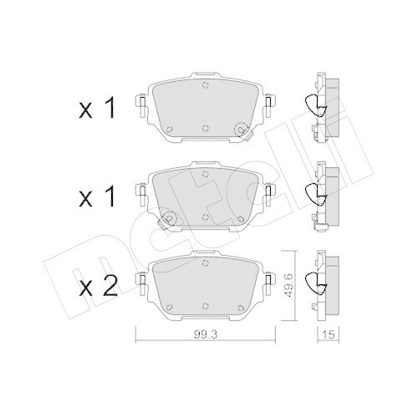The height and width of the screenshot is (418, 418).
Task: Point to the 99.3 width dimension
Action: (x=203, y=337)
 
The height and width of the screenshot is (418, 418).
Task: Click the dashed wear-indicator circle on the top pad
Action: (x=243, y=130)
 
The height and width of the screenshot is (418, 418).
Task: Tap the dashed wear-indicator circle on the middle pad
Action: (x=167, y=219)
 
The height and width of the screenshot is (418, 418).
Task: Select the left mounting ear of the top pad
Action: (x=141, y=108)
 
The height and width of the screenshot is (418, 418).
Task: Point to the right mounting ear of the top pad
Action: (x=269, y=108)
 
